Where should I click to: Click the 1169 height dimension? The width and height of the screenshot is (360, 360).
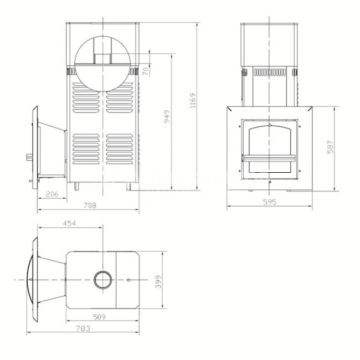click(x=193, y=101)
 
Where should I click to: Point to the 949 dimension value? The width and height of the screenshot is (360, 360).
click(x=167, y=116)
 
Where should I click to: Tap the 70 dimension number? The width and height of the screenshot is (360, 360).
click(x=146, y=71)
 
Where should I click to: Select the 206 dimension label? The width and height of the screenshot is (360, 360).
click(x=52, y=194)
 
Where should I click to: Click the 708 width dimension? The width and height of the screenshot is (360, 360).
click(x=90, y=205)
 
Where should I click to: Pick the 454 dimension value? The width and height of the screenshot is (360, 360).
click(x=69, y=223)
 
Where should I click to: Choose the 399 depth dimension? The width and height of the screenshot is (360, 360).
click(x=158, y=282)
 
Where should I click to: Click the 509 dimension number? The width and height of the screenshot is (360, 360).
click(x=99, y=317)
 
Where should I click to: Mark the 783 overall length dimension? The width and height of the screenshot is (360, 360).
click(x=83, y=328)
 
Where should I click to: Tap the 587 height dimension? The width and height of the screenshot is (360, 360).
click(x=330, y=147)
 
